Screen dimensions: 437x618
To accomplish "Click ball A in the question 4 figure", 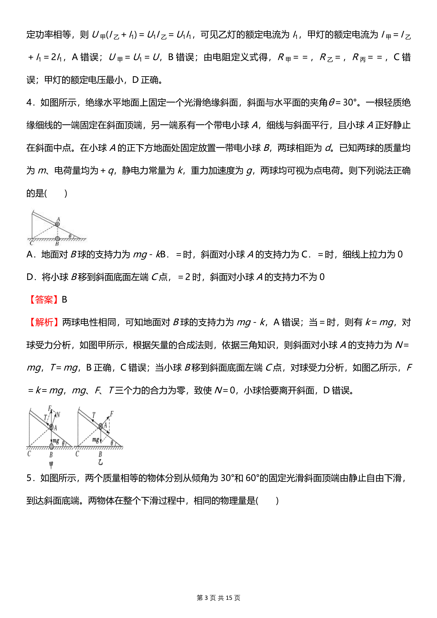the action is pyautogui.click(x=57, y=224).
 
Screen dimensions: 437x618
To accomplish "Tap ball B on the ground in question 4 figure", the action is pyautogui.click(x=57, y=238).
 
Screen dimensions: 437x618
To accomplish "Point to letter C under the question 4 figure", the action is pyautogui.click(x=31, y=244).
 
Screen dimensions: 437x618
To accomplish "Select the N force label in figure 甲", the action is pyautogui.click(x=58, y=415).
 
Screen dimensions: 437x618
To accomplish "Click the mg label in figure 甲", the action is pyautogui.click(x=56, y=441).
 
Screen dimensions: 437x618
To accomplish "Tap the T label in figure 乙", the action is pyautogui.click(x=94, y=415).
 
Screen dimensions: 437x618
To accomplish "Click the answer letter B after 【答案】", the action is pyautogui.click(x=64, y=300).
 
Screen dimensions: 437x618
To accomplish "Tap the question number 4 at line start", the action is pyautogui.click(x=29, y=103).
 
